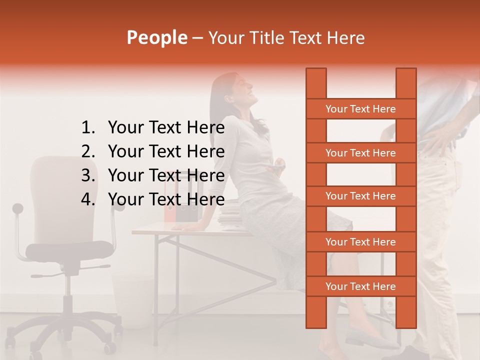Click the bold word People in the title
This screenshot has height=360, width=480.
tap(156, 37)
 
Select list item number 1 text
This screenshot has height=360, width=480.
tap(166, 128)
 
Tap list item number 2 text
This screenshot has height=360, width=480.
tap(166, 151)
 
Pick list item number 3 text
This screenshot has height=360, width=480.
tap(166, 175)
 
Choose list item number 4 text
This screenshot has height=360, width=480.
tap(166, 199)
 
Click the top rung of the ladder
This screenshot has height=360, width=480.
tap(360, 109)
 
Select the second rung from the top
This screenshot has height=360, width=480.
tap(360, 153)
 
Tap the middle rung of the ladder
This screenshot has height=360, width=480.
tap(360, 196)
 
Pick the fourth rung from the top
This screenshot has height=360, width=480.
tap(360, 242)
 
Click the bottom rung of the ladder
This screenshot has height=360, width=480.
tap(360, 286)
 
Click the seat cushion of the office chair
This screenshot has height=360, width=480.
tap(69, 248)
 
